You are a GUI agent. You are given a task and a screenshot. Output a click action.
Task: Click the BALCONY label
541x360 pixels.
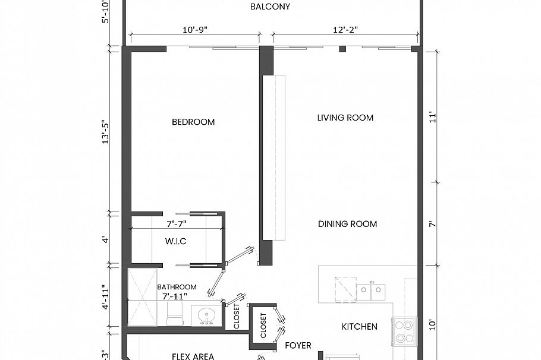click(x=270, y=7)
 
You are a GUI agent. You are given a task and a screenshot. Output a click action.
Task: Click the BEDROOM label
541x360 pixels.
click(x=193, y=122)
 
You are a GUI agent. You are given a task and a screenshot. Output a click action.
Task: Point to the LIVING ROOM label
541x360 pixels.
click(x=345, y=118)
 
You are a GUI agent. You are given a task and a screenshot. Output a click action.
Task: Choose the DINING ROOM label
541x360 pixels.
click(x=348, y=224)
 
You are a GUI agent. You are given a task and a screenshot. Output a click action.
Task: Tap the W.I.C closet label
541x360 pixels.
click(x=175, y=241)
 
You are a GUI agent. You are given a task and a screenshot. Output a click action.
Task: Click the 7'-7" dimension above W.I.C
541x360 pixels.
click(x=178, y=224)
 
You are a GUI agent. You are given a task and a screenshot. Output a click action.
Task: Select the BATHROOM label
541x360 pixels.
click(x=177, y=287)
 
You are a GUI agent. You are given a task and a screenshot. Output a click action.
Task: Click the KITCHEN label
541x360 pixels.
click(x=359, y=327)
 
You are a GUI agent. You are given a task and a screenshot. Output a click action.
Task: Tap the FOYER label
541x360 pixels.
click(x=298, y=345)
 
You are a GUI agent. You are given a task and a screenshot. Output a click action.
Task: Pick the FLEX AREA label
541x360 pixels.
click(x=193, y=356)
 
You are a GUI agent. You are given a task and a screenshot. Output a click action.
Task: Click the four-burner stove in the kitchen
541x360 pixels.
click(x=404, y=331)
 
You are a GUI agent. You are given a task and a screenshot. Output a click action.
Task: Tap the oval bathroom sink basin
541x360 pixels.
click(x=206, y=315)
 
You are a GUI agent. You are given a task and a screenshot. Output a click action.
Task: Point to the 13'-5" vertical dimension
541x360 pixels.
click(x=106, y=132)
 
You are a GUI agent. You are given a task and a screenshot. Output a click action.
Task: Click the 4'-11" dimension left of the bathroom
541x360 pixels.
click(x=106, y=297)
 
